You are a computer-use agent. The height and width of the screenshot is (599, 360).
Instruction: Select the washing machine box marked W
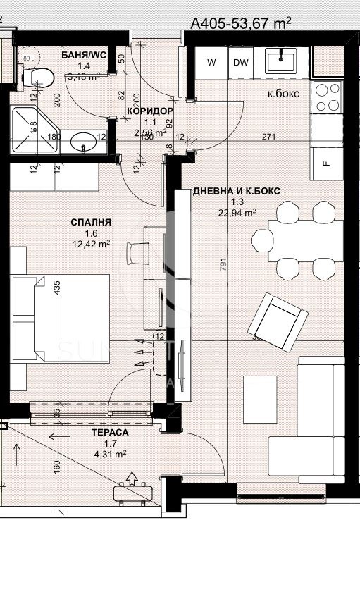point(211,63)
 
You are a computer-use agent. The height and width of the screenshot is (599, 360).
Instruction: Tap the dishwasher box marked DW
point(241,63)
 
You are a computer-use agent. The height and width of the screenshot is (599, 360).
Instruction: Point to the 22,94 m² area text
point(236,211)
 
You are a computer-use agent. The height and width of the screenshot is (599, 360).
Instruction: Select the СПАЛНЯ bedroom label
point(92,223)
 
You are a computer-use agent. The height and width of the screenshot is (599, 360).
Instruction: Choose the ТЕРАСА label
point(108,433)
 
